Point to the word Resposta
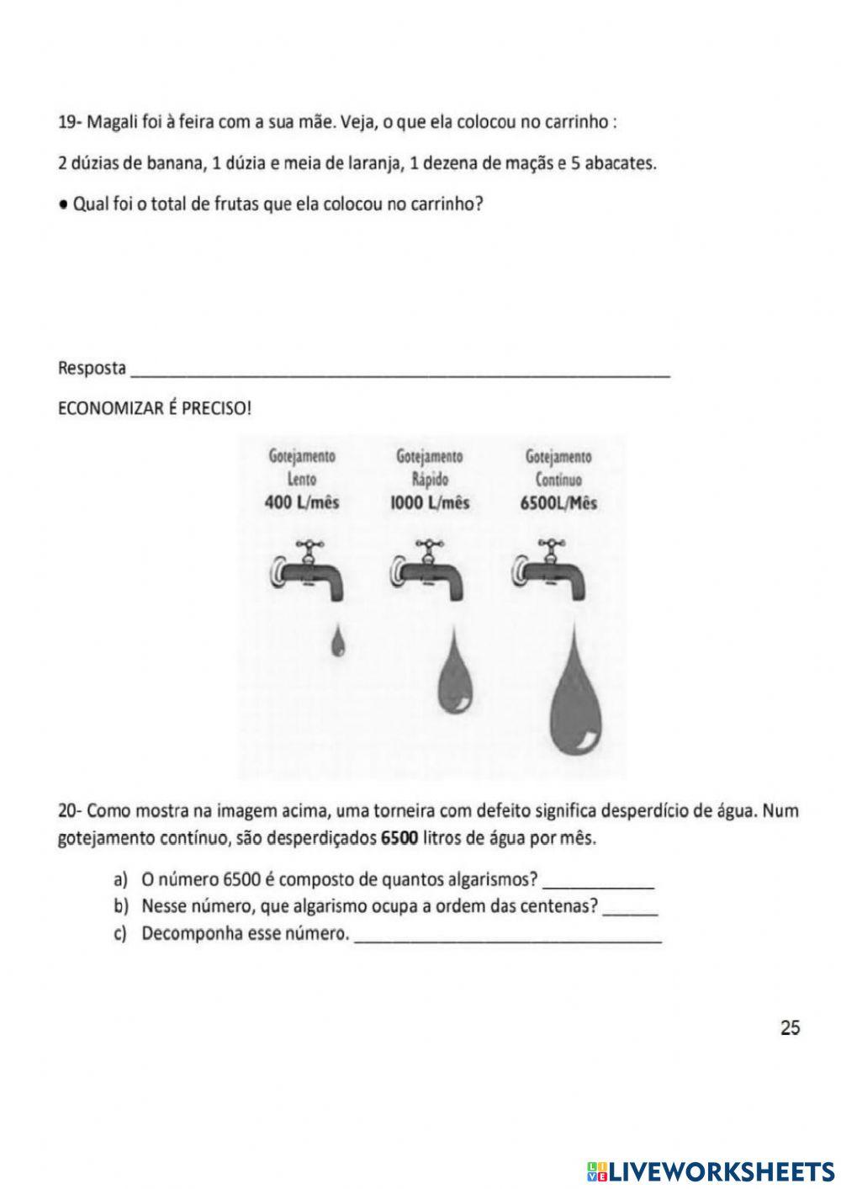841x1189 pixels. [92, 369]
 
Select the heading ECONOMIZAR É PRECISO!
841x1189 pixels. [154, 409]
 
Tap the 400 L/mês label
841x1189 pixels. [302, 503]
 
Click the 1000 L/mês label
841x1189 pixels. [430, 503]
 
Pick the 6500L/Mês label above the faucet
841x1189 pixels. [558, 503]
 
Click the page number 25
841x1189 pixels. [790, 1027]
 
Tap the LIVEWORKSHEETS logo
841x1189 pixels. [710, 1170]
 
